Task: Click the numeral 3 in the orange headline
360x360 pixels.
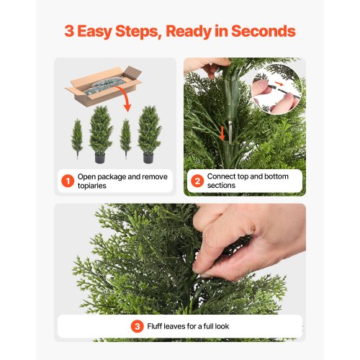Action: pos(69,31)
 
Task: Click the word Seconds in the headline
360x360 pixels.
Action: pos(264,31)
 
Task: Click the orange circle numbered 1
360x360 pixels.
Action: pos(68,181)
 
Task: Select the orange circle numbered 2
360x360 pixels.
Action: pos(197,181)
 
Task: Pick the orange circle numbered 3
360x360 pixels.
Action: pos(137,326)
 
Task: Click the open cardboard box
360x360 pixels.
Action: pos(104,86)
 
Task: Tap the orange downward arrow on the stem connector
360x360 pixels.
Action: pos(222,133)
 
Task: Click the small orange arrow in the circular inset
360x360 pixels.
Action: pos(279,84)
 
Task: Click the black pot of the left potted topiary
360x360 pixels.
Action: pos(100,158)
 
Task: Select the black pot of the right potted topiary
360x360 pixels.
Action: pos(148,158)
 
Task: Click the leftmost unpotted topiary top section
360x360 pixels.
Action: pos(77,139)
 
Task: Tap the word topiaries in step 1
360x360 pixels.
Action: pos(92,186)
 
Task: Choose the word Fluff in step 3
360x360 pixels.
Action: pos(154,326)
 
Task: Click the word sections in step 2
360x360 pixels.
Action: pos(221,186)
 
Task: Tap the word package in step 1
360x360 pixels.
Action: pos(112,177)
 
